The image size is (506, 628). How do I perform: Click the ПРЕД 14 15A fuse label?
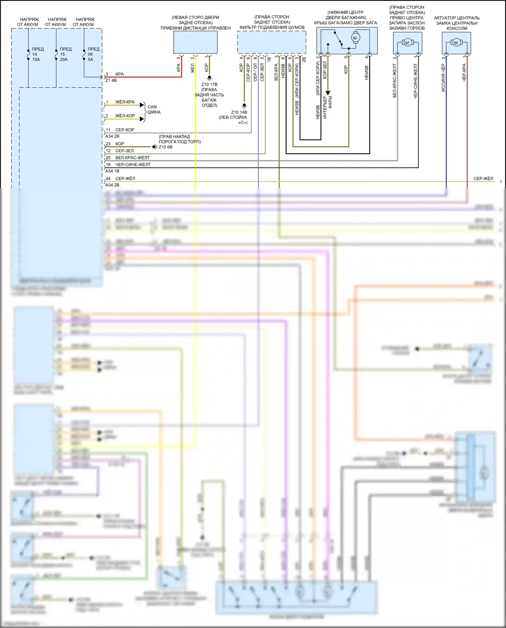pyautogui.click(x=37, y=54)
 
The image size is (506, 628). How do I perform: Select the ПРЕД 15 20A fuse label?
pyautogui.click(x=65, y=54)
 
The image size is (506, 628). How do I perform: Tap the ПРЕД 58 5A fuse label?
pyautogui.click(x=93, y=54)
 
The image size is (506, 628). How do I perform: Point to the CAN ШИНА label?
pyautogui.click(x=153, y=109)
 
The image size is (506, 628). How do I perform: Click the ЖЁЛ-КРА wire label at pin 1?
pyautogui.click(x=125, y=102)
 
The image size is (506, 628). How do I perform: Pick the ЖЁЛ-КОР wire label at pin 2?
pyautogui.click(x=125, y=116)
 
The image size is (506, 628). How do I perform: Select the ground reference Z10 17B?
pyautogui.click(x=209, y=84)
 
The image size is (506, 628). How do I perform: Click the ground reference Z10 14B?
pyautogui.click(x=239, y=112)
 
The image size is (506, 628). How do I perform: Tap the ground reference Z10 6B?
pyautogui.click(x=166, y=147)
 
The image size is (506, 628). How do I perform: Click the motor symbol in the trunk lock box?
pyautogui.click(x=355, y=38)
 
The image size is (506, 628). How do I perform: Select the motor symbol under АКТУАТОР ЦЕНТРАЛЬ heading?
pyautogui.click(x=456, y=43)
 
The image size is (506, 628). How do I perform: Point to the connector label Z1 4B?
pyautogui.click(x=111, y=81)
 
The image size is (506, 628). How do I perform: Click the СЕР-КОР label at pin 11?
pyautogui.click(x=124, y=130)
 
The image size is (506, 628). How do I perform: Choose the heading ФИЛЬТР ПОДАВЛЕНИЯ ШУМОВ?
pyautogui.click(x=272, y=27)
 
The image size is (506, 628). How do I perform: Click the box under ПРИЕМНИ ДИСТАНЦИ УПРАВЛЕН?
pyautogui.click(x=195, y=43)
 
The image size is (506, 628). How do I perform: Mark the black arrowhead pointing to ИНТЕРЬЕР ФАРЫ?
pyautogui.click(x=328, y=93)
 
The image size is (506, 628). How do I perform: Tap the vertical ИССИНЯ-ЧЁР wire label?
pyautogui.click(x=443, y=78)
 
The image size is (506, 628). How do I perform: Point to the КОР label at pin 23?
pyautogui.click(x=120, y=144)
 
